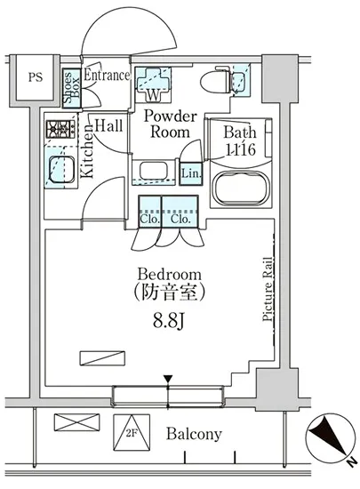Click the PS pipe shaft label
pyautogui.click(x=36, y=77)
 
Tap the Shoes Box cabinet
pyautogui.click(x=72, y=88)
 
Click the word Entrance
pyautogui.click(x=107, y=76)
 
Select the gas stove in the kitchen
pyautogui.click(x=60, y=129)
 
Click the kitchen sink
pyautogui.click(x=61, y=169)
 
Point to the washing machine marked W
pyautogui.click(x=153, y=84)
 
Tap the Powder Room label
pyautogui.click(x=170, y=124)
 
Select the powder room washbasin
pyautogui.click(x=153, y=172)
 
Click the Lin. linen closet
pyautogui.click(x=191, y=174)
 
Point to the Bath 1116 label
pyautogui.click(x=240, y=141)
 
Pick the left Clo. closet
pyautogui.click(x=150, y=211)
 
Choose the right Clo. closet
pyautogui.click(x=180, y=211)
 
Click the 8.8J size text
pyautogui.click(x=169, y=320)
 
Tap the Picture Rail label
pyautogui.click(x=268, y=289)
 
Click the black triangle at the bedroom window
pyautogui.click(x=168, y=380)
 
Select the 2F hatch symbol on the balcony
pyautogui.click(x=132, y=432)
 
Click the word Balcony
pyautogui.click(x=194, y=434)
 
